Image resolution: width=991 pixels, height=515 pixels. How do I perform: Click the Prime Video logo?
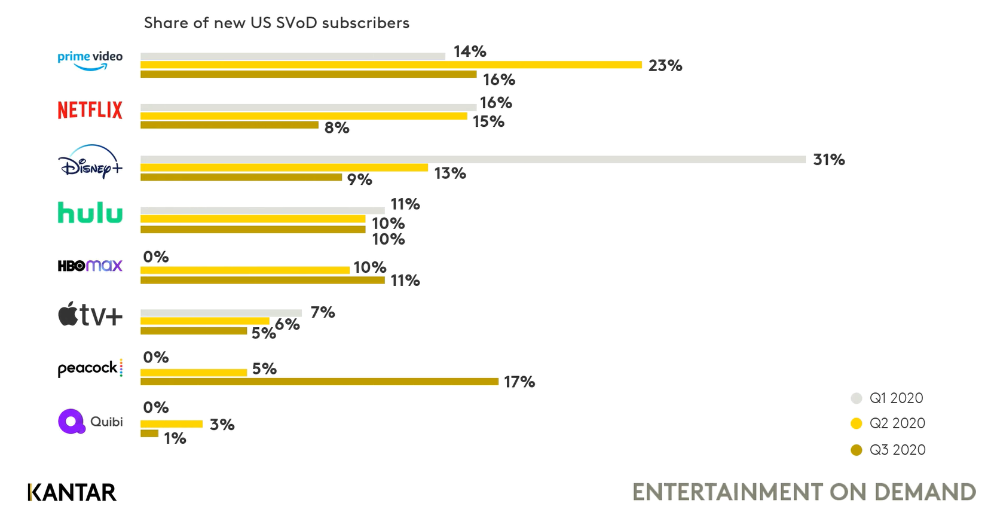pos(90,60)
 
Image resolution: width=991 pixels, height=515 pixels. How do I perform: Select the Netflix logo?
pos(90,110)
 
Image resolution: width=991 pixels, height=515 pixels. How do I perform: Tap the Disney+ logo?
pos(90,161)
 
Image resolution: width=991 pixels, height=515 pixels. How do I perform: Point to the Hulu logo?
pos(90,213)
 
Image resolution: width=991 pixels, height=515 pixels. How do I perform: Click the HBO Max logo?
pos(90,266)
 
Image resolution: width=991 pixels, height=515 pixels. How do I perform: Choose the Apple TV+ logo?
pos(90,315)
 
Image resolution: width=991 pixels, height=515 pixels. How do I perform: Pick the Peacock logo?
pos(90,368)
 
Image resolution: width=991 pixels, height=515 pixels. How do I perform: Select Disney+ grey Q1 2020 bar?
pos(472,159)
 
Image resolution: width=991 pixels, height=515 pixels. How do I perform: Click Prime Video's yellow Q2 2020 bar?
pos(391,65)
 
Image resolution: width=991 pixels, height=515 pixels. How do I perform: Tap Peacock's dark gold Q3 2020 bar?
pos(319,382)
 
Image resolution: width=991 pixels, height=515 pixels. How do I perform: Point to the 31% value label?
pos(828,160)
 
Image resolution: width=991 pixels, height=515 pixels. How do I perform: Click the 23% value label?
pos(665,66)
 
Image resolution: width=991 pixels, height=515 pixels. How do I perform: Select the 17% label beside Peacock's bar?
pos(519,382)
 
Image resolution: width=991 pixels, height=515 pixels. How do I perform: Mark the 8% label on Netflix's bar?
pos(337,127)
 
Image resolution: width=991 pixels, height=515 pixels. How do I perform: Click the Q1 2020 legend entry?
pos(895,398)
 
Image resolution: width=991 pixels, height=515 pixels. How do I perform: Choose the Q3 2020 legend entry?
pos(897,450)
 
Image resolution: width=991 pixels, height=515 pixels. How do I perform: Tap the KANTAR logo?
pos(72,492)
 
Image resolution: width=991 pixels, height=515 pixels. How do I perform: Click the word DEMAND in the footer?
pos(925,492)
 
